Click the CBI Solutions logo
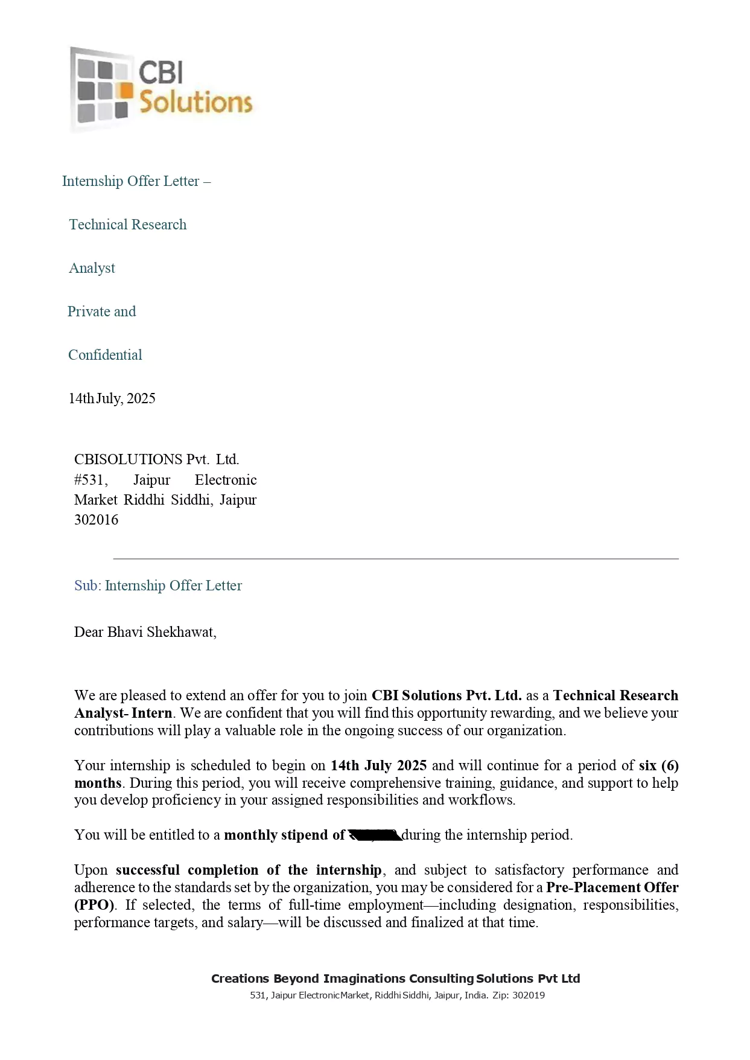[160, 89]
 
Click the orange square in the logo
[125, 90]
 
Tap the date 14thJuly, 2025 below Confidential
[112, 398]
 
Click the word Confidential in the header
[105, 355]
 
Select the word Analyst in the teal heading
[92, 268]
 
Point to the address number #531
[91, 480]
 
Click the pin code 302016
[96, 520]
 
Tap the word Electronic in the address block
[226, 480]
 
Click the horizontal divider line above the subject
[396, 559]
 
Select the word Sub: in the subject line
[87, 586]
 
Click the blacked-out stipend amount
[375, 835]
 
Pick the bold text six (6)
[658, 765]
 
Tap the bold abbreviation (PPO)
[94, 905]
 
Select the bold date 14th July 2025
[378, 765]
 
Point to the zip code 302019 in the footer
[528, 995]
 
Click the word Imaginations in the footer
[364, 979]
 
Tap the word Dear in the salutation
[89, 632]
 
